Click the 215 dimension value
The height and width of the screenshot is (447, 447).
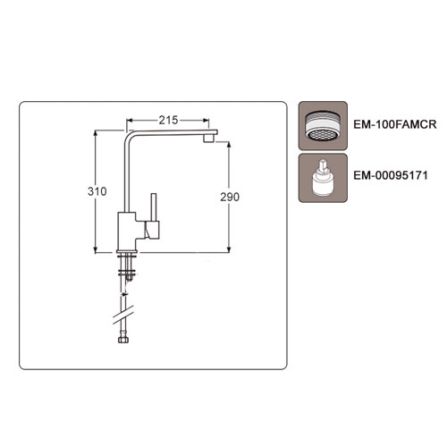click(x=168, y=120)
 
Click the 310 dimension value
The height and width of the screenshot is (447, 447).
click(x=97, y=191)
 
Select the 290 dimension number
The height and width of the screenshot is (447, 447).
click(x=230, y=197)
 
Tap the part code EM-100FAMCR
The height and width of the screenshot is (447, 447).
click(x=395, y=124)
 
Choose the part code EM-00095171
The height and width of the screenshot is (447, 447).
click(x=391, y=175)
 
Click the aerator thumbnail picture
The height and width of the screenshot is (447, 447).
click(x=323, y=125)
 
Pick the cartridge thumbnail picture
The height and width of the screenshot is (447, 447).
click(x=323, y=178)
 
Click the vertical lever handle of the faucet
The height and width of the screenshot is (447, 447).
click(x=154, y=207)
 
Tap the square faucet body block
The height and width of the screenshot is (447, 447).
click(x=127, y=232)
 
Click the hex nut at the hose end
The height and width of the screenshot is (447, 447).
click(x=123, y=340)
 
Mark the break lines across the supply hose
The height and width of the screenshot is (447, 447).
click(x=123, y=315)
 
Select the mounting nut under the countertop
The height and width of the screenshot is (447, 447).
click(x=127, y=272)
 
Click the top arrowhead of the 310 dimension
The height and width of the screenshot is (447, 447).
click(x=96, y=133)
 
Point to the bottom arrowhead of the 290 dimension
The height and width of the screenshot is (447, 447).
click(x=229, y=249)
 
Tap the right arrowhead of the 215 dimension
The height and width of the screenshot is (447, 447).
click(x=206, y=121)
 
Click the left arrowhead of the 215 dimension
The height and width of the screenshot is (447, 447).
click(x=130, y=121)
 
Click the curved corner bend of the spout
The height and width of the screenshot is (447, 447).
click(x=128, y=137)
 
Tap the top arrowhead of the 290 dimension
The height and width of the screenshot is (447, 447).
click(x=229, y=145)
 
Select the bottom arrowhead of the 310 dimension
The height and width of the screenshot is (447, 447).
click(x=96, y=249)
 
